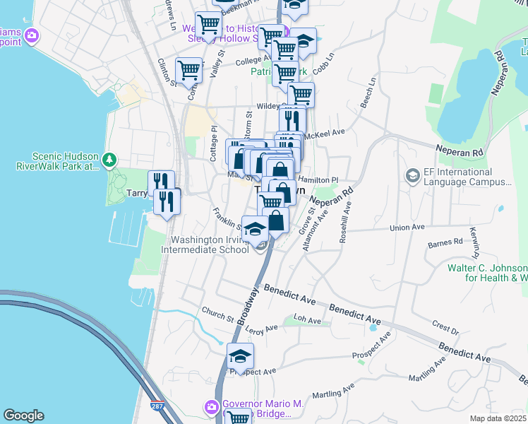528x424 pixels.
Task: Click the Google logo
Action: [23, 416]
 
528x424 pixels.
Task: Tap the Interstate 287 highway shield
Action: [155, 408]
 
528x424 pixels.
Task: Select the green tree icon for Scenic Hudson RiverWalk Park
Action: [109, 160]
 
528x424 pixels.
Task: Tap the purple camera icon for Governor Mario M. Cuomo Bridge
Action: [211, 407]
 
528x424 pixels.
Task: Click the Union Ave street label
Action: [409, 228]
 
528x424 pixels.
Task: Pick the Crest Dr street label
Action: [445, 327]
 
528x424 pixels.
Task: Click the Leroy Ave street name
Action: [262, 329]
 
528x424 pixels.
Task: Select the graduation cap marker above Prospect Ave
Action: [240, 355]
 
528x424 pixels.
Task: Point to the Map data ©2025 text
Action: [497, 418]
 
